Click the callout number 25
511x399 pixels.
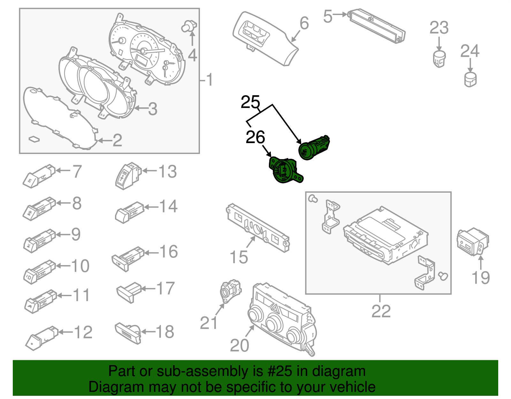pyautogui.click(x=250, y=102)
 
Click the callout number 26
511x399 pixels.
pyautogui.click(x=255, y=137)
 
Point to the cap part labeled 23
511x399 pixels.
pyautogui.click(x=439, y=58)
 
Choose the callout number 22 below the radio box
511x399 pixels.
pyautogui.click(x=381, y=311)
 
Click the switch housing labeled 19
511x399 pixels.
pyautogui.click(x=472, y=242)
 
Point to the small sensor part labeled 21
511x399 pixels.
pyautogui.click(x=230, y=289)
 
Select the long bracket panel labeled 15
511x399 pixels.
pyautogui.click(x=257, y=227)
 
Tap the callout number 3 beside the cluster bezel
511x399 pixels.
pyautogui.click(x=153, y=109)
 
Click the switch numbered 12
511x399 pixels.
pyautogui.click(x=42, y=339)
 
